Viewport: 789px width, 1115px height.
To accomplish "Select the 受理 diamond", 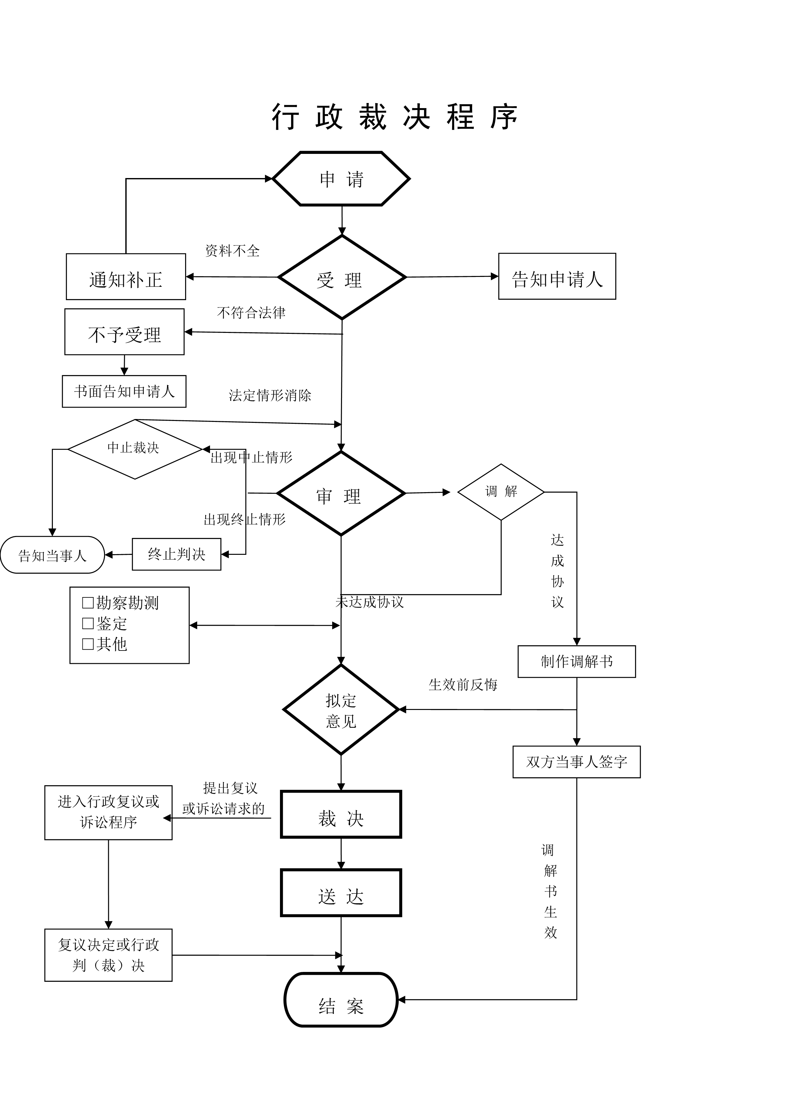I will pos(342,278).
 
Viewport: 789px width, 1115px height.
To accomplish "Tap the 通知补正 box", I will pos(126,277).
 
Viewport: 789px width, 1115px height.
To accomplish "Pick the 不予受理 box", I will pos(124,332).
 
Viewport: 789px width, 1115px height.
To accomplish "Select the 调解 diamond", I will pos(501,492).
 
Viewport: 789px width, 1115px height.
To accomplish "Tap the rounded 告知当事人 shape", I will pos(52,555).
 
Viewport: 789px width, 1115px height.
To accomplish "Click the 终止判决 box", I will pos(176,554).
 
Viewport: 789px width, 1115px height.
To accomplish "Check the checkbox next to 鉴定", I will pos(88,623).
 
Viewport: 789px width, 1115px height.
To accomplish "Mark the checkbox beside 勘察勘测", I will pos(88,603).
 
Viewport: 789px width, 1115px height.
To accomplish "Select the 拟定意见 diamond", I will pos(341,710).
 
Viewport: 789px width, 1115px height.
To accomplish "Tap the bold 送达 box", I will pos(341,893).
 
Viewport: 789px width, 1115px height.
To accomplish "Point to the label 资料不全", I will pos(232,251).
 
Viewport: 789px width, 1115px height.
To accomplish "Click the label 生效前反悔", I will pos(463,685).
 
